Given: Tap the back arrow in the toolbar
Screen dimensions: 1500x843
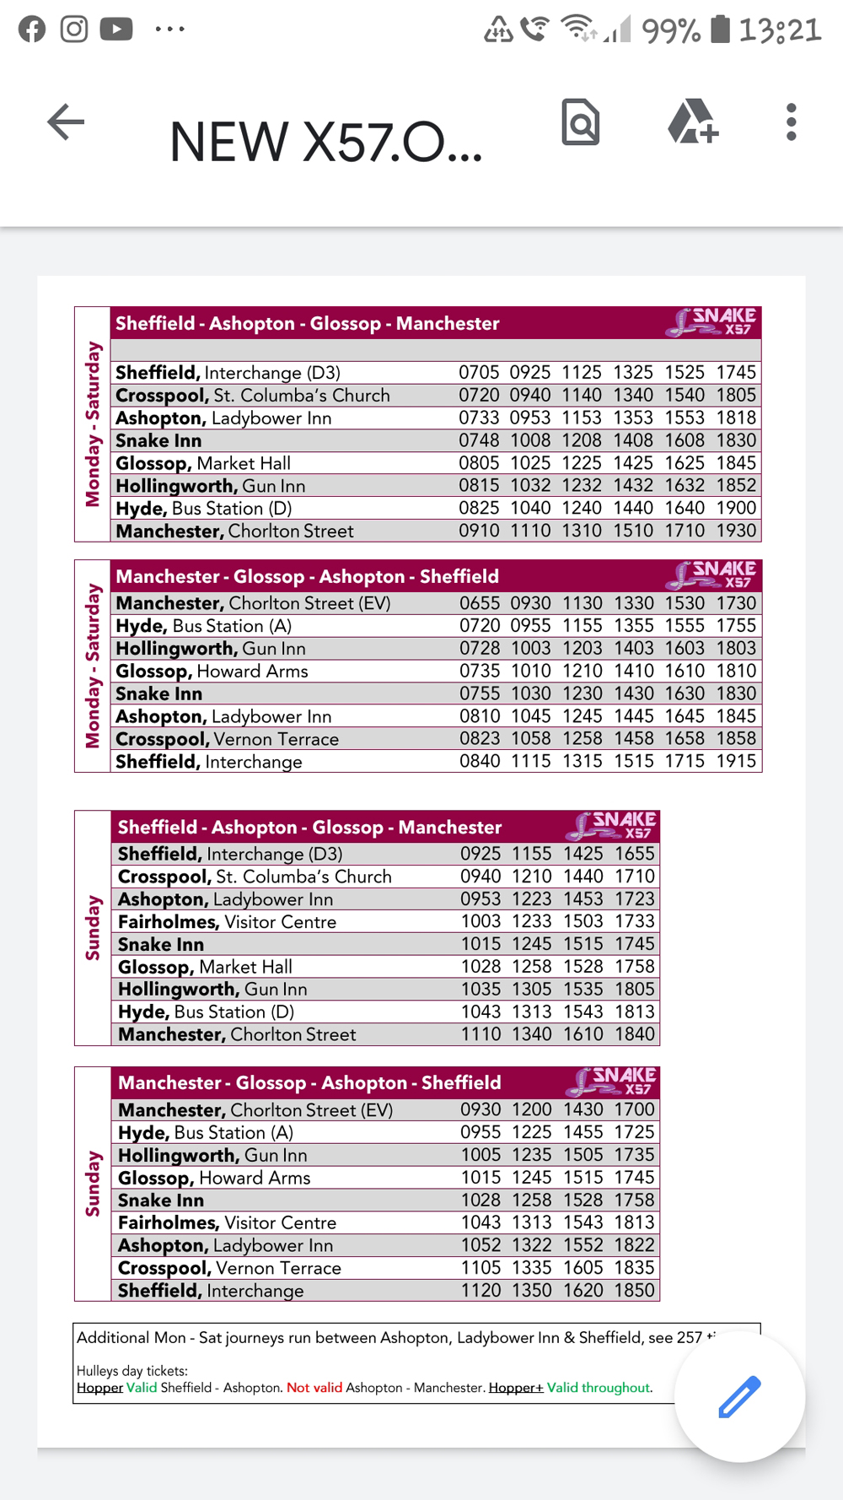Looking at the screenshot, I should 66,122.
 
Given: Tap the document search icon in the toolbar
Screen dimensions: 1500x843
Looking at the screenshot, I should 581,122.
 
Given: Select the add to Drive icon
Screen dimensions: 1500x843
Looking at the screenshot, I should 693,122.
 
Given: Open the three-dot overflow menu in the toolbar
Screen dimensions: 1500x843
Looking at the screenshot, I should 791,122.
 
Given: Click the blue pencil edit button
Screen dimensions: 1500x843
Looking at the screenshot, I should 739,1396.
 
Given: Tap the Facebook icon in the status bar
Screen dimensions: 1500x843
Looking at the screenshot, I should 32,30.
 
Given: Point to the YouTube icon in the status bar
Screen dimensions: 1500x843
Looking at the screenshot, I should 116,30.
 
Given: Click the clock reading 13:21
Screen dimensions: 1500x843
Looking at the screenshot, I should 780,30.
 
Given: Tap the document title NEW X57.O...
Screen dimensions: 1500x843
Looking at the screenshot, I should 325,142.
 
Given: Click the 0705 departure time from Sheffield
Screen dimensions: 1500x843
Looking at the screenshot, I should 479,372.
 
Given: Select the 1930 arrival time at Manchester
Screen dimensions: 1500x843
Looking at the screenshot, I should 736,531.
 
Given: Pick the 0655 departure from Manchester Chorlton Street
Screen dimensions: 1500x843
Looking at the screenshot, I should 480,603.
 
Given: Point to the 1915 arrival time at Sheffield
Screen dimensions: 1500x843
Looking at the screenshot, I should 736,761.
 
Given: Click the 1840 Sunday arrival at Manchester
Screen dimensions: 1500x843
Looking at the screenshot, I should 634,1034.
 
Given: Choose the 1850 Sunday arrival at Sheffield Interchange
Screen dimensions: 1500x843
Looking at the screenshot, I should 634,1290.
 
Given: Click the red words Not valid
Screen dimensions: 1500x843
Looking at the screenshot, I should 314,1388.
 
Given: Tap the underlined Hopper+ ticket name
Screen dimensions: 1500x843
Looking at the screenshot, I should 516,1388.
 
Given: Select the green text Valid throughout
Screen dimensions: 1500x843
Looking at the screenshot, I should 599,1388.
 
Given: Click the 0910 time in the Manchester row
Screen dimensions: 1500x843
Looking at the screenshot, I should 479,531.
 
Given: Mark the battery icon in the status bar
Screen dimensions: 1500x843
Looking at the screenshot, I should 720,29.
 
